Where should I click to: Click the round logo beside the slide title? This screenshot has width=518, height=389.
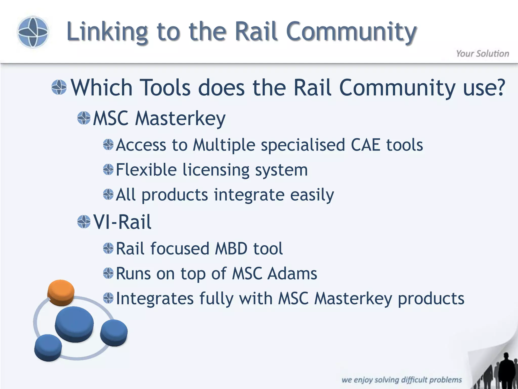[33, 32]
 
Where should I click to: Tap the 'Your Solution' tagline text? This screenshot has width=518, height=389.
[482, 54]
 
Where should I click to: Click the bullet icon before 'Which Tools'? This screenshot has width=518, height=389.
[59, 87]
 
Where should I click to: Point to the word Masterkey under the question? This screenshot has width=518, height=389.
[180, 118]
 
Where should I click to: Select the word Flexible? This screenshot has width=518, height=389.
[146, 170]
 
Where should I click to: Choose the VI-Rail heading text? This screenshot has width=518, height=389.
[122, 222]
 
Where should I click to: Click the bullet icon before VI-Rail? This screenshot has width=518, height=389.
[84, 222]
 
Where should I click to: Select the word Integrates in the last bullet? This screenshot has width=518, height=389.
[155, 298]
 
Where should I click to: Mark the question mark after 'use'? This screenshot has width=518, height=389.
[499, 87]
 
